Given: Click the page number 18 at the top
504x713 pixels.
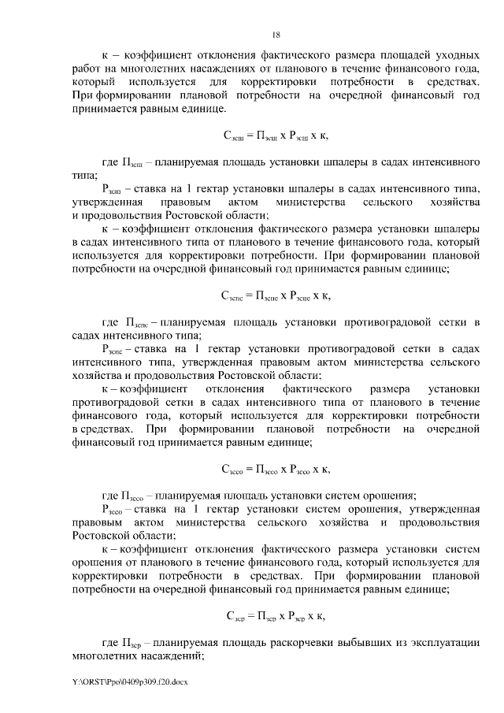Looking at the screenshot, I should pos(276,35).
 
